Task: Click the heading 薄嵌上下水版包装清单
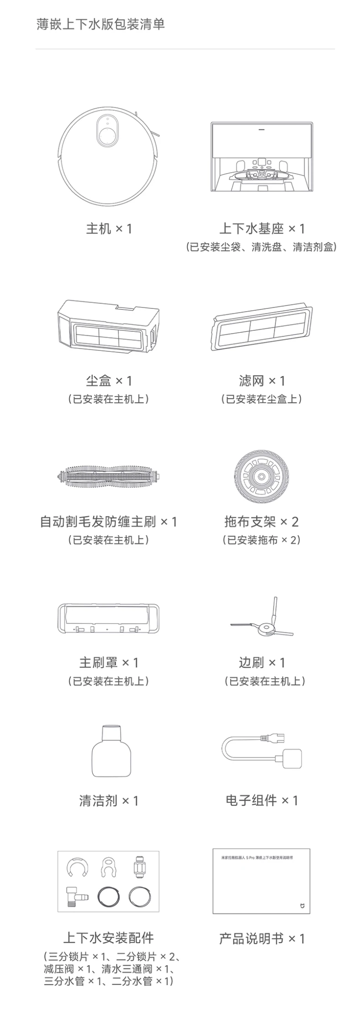click(101, 24)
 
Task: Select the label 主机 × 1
click(109, 228)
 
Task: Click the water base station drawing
click(262, 156)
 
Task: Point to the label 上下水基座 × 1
click(262, 228)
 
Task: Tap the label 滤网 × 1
click(262, 381)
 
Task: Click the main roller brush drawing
click(109, 477)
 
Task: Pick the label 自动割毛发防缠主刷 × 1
click(109, 521)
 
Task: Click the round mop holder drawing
click(262, 477)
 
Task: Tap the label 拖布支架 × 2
click(262, 521)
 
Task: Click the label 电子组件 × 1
click(262, 800)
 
